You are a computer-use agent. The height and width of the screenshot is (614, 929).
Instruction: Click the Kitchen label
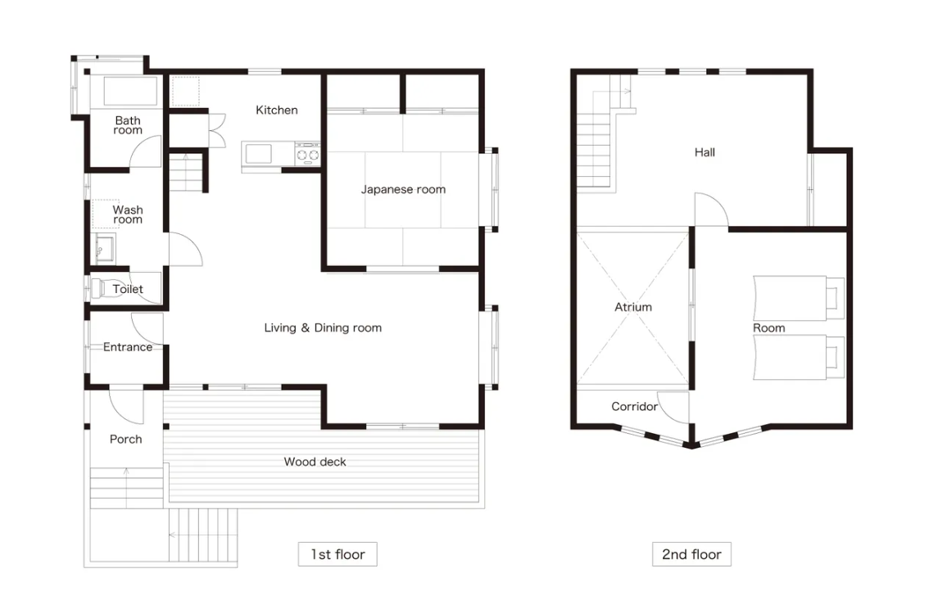(277, 111)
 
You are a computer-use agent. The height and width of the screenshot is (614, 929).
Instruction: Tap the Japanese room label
(403, 189)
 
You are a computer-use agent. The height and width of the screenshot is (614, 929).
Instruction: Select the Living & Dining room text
(323, 328)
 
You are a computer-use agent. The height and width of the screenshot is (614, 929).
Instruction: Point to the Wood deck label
(315, 462)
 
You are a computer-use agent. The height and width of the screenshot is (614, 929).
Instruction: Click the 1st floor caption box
(338, 554)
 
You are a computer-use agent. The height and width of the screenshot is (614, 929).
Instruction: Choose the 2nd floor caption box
(691, 554)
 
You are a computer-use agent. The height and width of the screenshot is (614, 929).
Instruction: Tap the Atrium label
(632, 307)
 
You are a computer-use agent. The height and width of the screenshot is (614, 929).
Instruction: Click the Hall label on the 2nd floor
(705, 153)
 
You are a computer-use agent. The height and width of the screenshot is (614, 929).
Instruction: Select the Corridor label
(635, 407)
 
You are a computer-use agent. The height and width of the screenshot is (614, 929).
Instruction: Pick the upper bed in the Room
(798, 298)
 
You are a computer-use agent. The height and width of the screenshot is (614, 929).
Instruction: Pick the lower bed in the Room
(798, 358)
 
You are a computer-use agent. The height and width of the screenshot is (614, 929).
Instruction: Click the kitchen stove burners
(307, 155)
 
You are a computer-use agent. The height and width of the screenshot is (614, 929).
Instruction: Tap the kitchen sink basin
(258, 154)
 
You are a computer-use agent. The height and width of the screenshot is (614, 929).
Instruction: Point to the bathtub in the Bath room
(130, 91)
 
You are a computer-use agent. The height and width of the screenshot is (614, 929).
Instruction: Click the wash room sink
(106, 248)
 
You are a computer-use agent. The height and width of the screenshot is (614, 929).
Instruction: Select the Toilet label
(127, 289)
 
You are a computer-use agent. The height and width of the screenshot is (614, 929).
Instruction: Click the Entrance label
(127, 347)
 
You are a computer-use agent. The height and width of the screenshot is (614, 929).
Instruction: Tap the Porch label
(125, 440)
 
